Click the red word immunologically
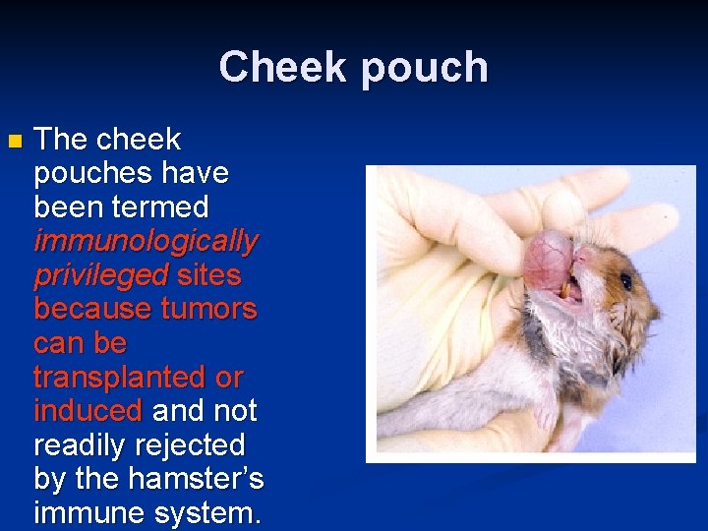click(x=146, y=241)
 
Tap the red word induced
click(x=88, y=411)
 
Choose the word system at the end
click(x=209, y=513)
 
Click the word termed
click(x=161, y=206)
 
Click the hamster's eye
click(x=625, y=281)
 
